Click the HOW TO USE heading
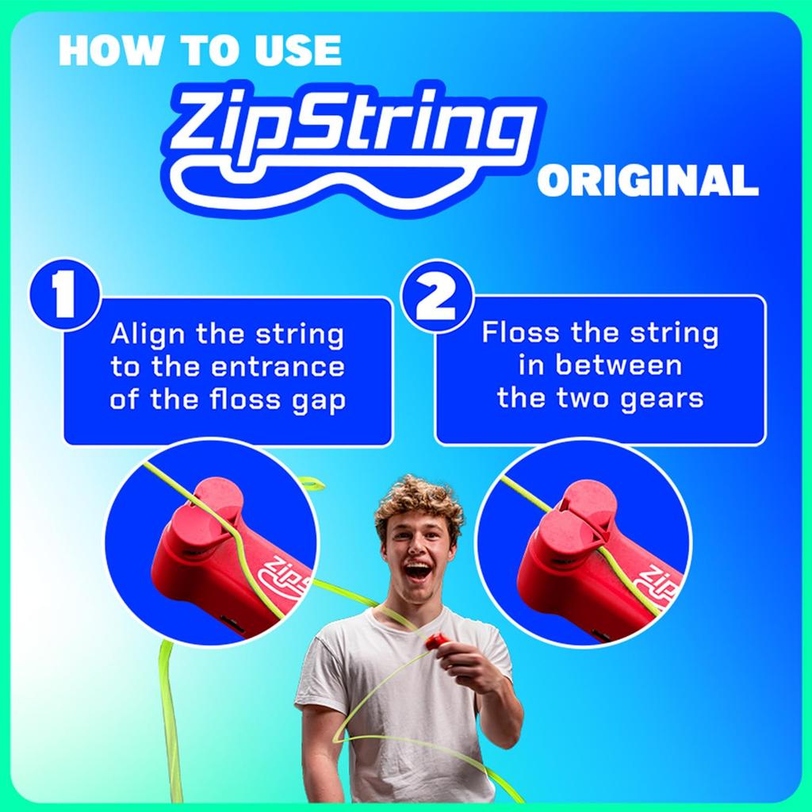pyautogui.click(x=199, y=51)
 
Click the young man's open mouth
pyautogui.click(x=418, y=571)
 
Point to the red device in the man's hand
pyautogui.click(x=437, y=641)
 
